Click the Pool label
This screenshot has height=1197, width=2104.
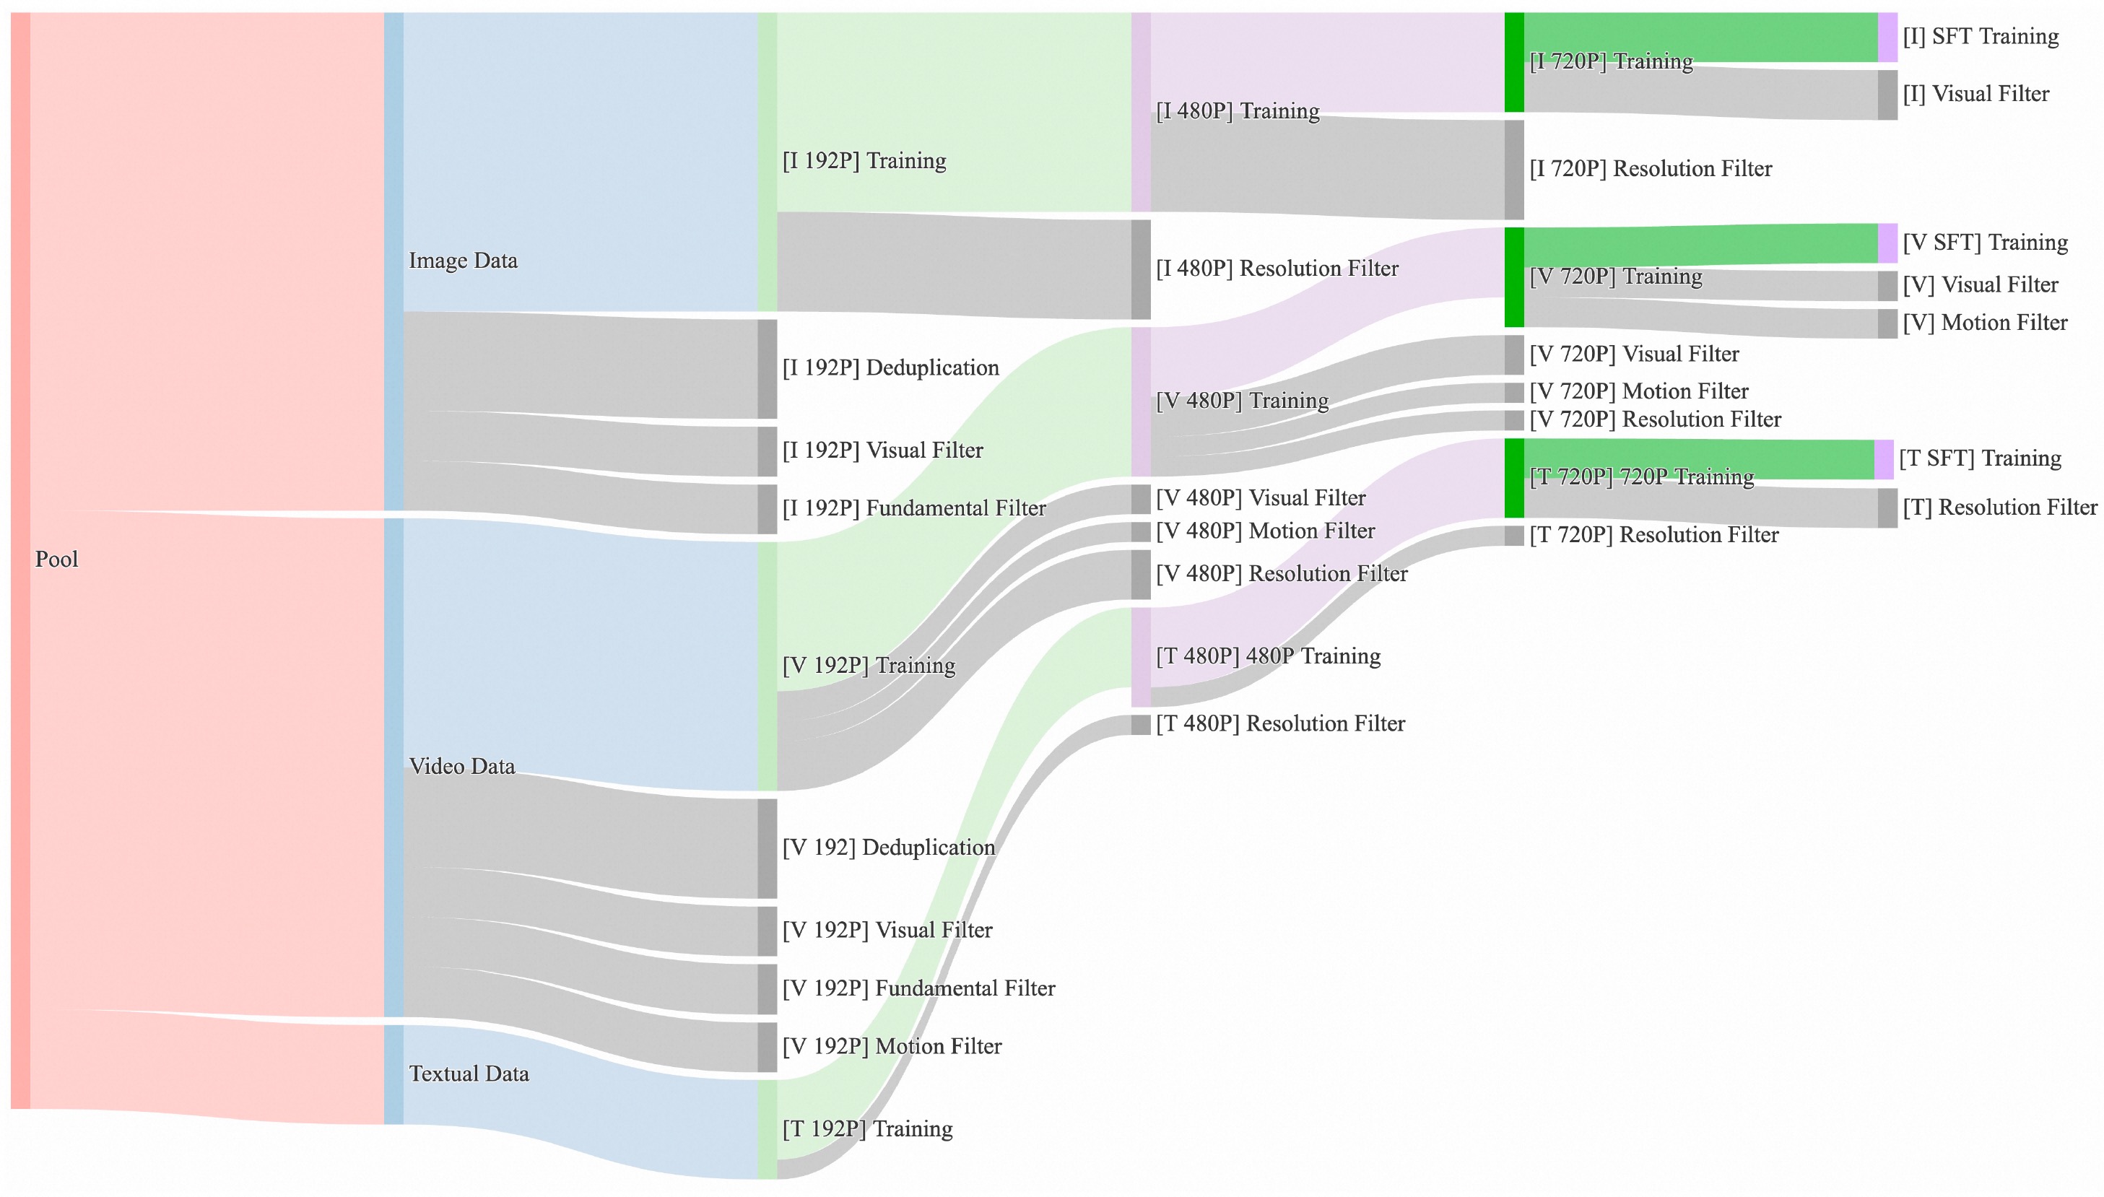click(56, 560)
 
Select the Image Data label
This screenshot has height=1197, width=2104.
click(463, 261)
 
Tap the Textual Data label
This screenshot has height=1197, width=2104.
click(469, 1074)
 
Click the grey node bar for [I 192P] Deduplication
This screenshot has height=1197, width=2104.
click(766, 369)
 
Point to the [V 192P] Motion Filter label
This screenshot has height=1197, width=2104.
click(891, 1047)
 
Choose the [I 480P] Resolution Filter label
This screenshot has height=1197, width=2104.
click(1276, 269)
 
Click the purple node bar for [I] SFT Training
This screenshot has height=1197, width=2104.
click(1887, 37)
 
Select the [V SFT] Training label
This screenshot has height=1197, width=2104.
click(1985, 243)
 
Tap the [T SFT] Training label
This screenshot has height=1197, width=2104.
click(1980, 458)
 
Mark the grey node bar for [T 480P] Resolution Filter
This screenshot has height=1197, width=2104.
click(1140, 724)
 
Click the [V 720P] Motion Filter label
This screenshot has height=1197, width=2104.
click(1638, 391)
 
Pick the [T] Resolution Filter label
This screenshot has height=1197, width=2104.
click(1999, 508)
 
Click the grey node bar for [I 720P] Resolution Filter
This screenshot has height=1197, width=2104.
click(1513, 170)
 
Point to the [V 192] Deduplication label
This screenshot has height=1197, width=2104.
click(888, 848)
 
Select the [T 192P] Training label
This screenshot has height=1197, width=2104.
click(866, 1128)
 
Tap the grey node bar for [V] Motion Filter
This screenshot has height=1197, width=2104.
click(1887, 324)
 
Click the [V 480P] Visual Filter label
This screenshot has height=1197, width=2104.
click(1261, 498)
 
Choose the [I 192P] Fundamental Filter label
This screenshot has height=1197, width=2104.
click(913, 509)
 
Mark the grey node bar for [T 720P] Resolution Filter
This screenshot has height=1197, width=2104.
click(1513, 536)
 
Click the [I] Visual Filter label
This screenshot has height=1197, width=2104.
click(1975, 95)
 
